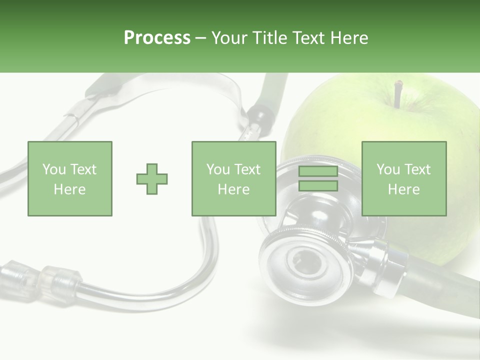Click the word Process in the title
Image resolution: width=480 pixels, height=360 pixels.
point(157,38)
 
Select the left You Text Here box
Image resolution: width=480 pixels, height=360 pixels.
point(69,178)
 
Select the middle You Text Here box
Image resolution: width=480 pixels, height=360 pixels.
point(233,178)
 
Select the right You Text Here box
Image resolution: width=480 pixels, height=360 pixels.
point(403,178)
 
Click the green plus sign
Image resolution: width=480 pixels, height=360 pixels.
point(152,179)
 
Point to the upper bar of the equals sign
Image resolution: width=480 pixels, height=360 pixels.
point(318,171)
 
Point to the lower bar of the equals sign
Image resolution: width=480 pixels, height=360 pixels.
point(318,186)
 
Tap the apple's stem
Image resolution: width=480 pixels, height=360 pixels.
point(397,94)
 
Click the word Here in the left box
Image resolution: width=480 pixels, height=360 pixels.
point(69,189)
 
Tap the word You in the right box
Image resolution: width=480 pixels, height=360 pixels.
point(388,169)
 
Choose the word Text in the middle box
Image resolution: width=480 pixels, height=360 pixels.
point(247,169)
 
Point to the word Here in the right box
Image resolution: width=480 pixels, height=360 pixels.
point(403,189)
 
